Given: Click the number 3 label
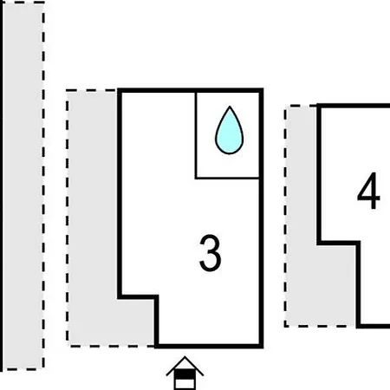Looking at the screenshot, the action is [211, 253].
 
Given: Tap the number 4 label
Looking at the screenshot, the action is [368, 191].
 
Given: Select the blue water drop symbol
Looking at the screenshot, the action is [230, 130].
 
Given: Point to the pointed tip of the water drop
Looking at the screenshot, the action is [230, 107].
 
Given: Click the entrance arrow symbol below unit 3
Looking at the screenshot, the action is [185, 374].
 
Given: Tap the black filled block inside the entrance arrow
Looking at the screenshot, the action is [185, 374].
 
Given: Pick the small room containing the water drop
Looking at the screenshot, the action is [227, 135].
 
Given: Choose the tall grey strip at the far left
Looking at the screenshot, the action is [23, 185].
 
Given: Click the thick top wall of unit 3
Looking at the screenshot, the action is [190, 90].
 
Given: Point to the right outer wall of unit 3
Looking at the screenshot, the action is [261, 218].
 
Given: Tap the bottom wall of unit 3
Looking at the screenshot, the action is [209, 346].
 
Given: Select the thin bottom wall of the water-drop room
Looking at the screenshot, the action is [227, 179].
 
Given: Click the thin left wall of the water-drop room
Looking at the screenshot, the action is [196, 135].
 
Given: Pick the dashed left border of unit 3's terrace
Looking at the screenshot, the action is [68, 218].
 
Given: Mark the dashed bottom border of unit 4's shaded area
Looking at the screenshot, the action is [320, 326].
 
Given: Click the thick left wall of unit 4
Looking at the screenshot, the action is [319, 174].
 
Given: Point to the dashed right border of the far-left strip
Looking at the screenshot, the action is [43, 185].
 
